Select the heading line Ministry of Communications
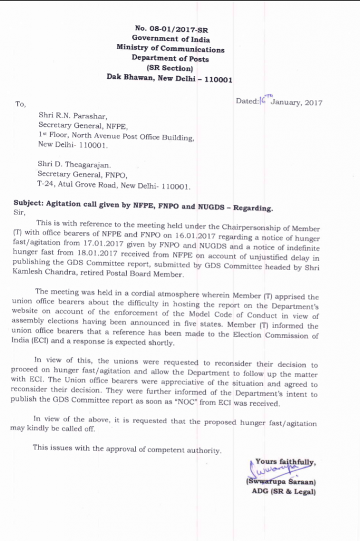pyautogui.click(x=170, y=49)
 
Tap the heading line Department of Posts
pyautogui.click(x=170, y=59)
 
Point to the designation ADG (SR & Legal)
pyautogui.click(x=283, y=492)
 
